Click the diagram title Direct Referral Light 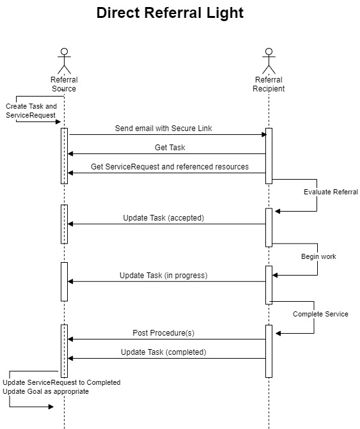170,13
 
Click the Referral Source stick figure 65,61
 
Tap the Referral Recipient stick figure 269,61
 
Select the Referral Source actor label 64,84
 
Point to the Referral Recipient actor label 269,84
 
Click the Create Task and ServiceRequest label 31,111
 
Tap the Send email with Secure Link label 163,129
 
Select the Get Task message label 170,148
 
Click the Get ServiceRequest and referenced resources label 169,167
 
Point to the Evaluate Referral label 331,192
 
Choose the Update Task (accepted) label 164,218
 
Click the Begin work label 318,256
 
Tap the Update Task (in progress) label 164,276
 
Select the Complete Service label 320,314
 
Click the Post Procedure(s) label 164,332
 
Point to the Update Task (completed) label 164,352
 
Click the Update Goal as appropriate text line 45,391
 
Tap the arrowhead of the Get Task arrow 70,153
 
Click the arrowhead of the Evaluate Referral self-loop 278,211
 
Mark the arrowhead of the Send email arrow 264,135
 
